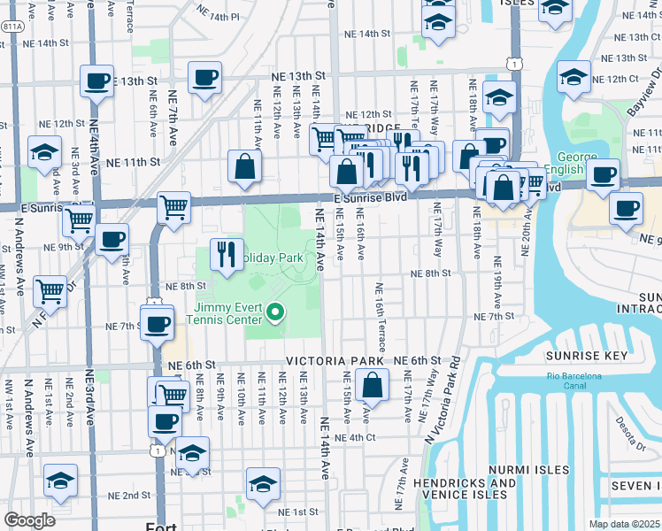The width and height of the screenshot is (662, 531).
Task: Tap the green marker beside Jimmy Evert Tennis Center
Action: [x=275, y=311]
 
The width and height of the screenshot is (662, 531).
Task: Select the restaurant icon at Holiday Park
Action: [x=227, y=254]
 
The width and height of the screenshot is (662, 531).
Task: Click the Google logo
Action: [x=29, y=520]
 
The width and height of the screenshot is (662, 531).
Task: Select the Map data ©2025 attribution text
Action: [x=624, y=524]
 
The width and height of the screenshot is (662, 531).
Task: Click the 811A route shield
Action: [x=13, y=27]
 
